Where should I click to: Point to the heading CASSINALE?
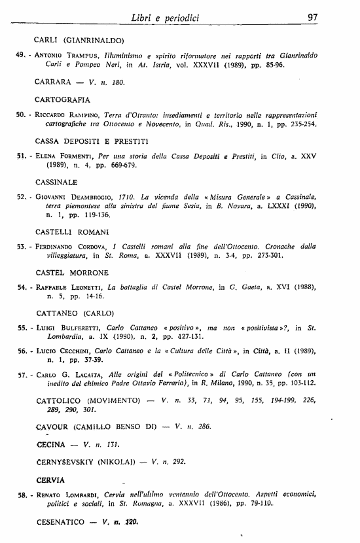(x=56, y=183)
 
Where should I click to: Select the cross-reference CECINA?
(x=50, y=445)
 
